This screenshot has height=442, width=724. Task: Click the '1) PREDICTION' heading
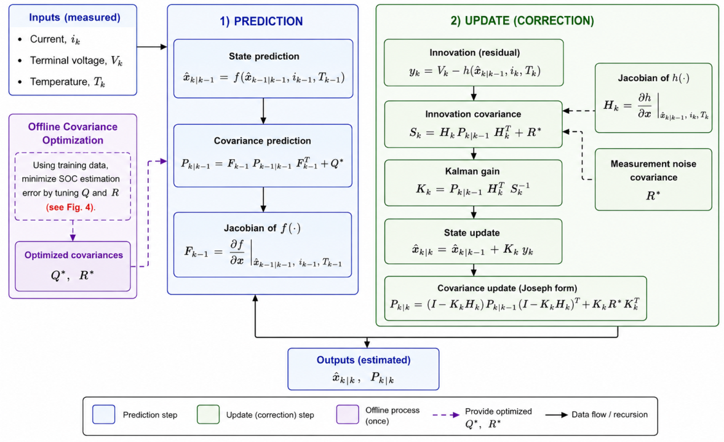click(261, 22)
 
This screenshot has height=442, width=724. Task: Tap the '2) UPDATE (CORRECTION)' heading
click(522, 21)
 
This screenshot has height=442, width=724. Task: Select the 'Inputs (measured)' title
click(74, 18)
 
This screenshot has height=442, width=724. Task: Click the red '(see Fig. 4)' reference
click(71, 207)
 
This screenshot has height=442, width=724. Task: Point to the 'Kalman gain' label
click(472, 171)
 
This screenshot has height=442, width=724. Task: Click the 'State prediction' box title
click(264, 57)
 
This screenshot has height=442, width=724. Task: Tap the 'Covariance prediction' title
click(262, 141)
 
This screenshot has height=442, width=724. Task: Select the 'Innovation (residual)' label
click(475, 53)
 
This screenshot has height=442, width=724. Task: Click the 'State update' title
click(472, 233)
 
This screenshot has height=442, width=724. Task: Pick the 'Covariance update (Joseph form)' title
click(507, 288)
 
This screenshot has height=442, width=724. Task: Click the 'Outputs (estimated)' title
click(364, 360)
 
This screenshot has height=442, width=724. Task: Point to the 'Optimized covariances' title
click(74, 255)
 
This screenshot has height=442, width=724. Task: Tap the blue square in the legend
click(104, 414)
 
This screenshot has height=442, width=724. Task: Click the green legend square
click(209, 414)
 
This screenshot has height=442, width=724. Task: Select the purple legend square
click(348, 414)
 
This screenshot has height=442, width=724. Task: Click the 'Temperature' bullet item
click(68, 82)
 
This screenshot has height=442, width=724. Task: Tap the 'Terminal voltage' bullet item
click(76, 60)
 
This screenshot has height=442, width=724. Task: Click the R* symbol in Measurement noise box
click(653, 195)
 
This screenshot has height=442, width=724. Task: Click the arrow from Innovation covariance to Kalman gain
click(474, 154)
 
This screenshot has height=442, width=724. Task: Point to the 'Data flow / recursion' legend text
click(610, 414)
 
